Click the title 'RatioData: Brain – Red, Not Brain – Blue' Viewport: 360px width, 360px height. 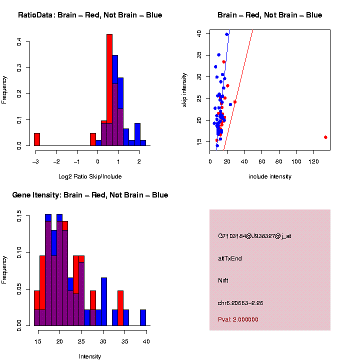pyautogui.click(x=90, y=15)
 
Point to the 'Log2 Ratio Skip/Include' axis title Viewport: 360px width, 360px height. pyautogui.click(x=90, y=176)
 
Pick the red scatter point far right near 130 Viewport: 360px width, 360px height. pyautogui.click(x=325, y=137)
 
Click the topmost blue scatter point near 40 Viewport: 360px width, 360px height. pyautogui.click(x=226, y=34)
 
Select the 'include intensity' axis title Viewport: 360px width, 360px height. pyautogui.click(x=269, y=176)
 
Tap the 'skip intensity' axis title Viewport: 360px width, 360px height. pyautogui.click(x=184, y=89)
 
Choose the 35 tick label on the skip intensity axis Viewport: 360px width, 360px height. pyautogui.click(x=198, y=55)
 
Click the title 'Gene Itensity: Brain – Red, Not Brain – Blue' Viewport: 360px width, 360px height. pyautogui.click(x=90, y=195)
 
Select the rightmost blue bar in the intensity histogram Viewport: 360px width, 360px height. pyautogui.click(x=143, y=318)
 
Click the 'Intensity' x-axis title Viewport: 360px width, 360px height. pyautogui.click(x=90, y=356)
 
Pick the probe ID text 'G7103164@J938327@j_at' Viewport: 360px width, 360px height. pyautogui.click(x=254, y=236)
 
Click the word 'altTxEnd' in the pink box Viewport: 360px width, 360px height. pyautogui.click(x=229, y=258)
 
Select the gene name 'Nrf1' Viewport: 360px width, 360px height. pyautogui.click(x=223, y=280)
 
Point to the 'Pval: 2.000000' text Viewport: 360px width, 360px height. pyautogui.click(x=238, y=319)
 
